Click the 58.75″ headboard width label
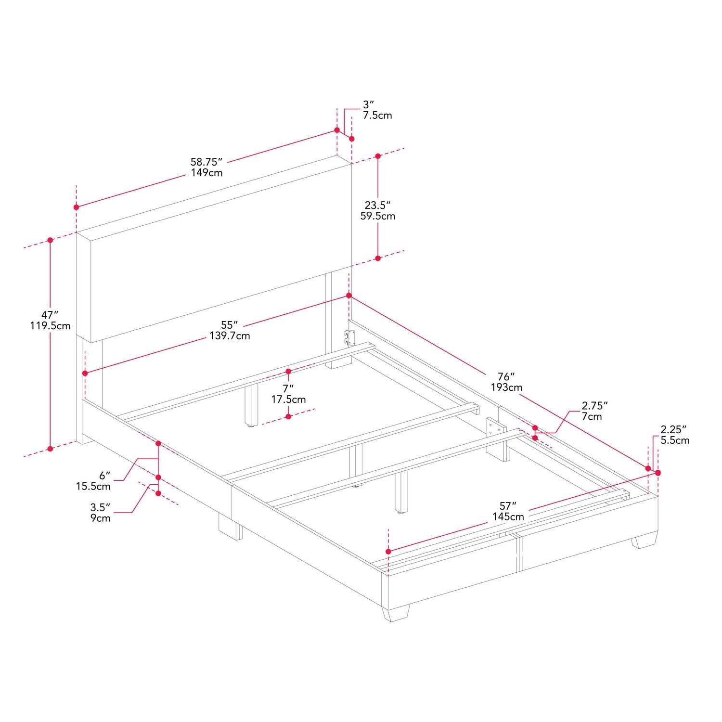[206, 162]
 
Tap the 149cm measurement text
[206, 173]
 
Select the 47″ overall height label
[47, 315]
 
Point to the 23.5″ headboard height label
[377, 205]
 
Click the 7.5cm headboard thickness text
[377, 116]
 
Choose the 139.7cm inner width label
[230, 336]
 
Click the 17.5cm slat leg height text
[288, 400]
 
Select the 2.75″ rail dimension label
[595, 405]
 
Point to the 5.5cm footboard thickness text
[675, 440]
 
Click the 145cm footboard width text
[508, 517]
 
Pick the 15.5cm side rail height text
[93, 487]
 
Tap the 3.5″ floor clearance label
[101, 507]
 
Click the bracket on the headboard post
[349, 337]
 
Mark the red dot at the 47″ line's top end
[50, 240]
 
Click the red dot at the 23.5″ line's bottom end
[378, 258]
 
